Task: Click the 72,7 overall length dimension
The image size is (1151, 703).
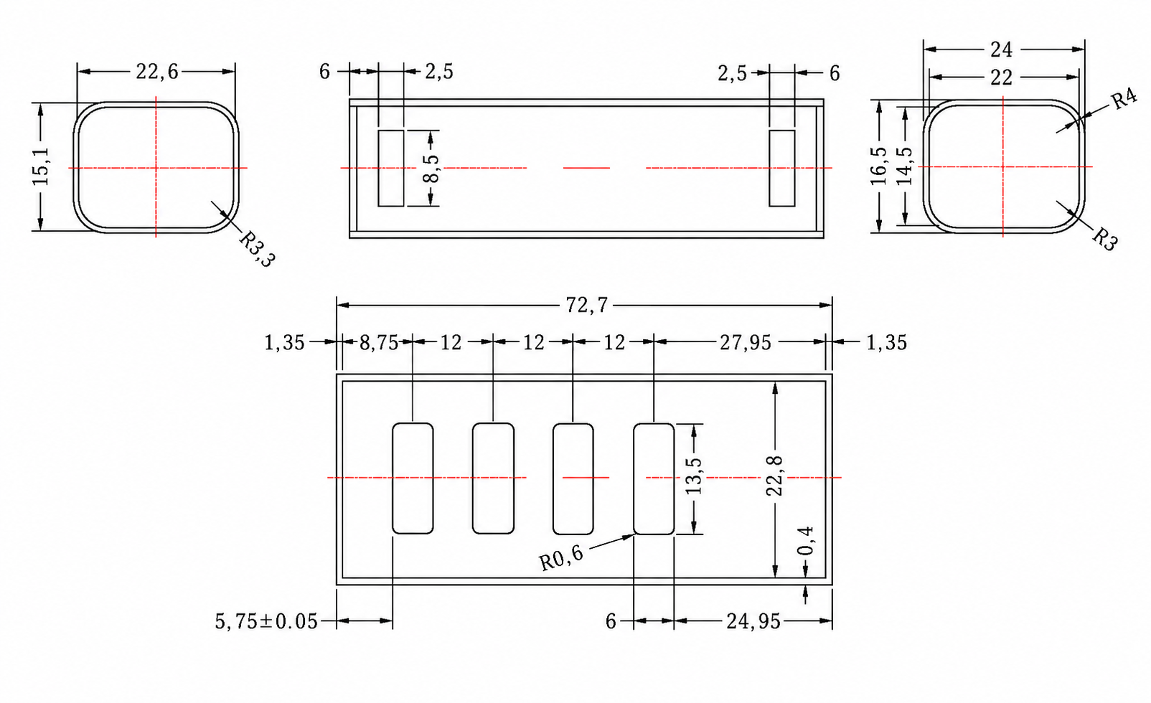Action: tap(587, 306)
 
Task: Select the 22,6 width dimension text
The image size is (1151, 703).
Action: tap(156, 72)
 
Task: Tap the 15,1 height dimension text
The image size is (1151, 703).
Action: tap(41, 167)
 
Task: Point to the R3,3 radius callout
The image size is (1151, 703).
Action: tap(257, 249)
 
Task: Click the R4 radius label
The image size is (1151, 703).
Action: tap(1124, 99)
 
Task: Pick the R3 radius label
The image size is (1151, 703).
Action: tap(1105, 240)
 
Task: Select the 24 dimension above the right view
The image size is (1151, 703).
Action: tap(1002, 49)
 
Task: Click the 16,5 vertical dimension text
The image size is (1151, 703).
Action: tap(878, 166)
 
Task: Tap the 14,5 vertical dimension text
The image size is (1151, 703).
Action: tap(904, 166)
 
